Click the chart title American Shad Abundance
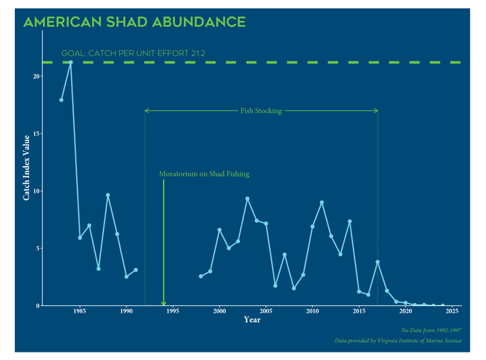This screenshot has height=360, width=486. [135, 22]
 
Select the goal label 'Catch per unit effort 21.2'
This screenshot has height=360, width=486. [133, 54]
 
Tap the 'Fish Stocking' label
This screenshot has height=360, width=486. [261, 111]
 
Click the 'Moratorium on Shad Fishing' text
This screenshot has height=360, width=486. [204, 174]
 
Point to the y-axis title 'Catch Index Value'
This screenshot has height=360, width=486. [28, 168]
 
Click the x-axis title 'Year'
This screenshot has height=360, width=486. [252, 320]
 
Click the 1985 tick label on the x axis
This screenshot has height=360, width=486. [79, 311]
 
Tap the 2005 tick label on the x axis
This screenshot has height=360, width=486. [265, 311]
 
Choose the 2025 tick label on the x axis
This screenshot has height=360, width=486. [452, 311]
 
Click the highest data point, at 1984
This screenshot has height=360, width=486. [70, 62]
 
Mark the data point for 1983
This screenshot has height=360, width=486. [61, 100]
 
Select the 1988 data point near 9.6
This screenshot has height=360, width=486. [108, 195]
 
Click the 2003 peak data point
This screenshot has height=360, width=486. [247, 198]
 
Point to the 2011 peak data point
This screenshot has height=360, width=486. [322, 202]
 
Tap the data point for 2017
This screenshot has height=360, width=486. [378, 262]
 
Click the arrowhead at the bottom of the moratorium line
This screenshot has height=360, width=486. [164, 302]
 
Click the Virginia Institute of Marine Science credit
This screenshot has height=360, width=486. [398, 341]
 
